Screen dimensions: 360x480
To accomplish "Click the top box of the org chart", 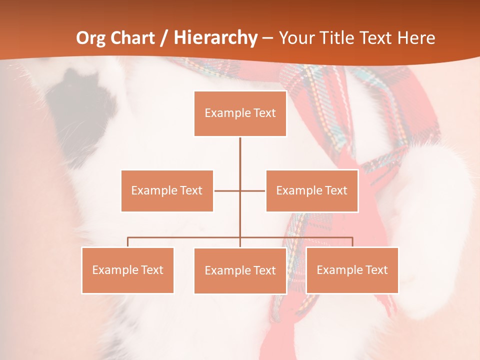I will (240, 113).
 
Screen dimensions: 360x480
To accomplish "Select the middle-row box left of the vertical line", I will (167, 190).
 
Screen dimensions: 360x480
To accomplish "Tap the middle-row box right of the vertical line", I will (312, 190).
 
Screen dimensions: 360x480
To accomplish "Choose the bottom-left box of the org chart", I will (127, 270).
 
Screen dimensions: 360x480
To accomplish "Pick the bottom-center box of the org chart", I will (240, 270).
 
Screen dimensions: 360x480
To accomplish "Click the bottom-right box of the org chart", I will (352, 270).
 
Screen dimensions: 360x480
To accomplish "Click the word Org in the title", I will (90, 38).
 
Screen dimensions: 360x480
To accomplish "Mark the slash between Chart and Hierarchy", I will (163, 38).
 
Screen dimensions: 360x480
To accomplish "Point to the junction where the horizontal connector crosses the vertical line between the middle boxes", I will (240, 190).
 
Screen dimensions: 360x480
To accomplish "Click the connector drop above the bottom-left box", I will (127, 242).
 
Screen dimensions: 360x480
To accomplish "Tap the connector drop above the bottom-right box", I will (352, 242).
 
